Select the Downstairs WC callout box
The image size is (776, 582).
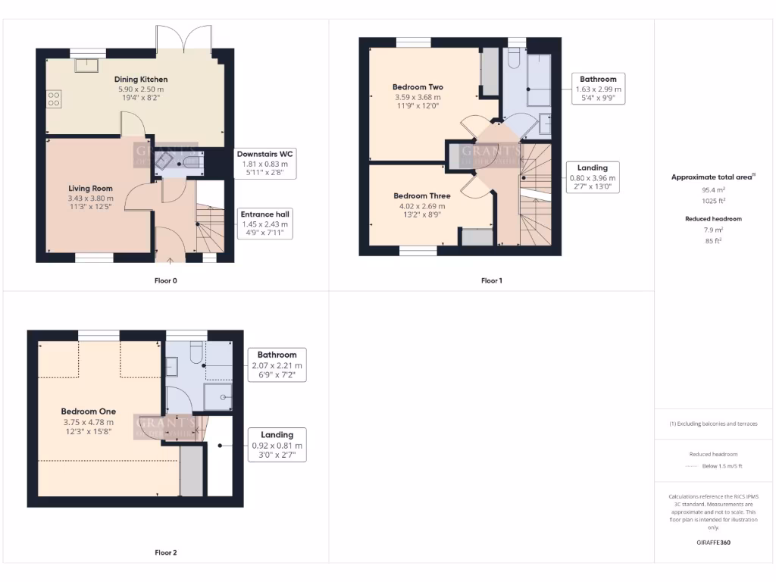264,163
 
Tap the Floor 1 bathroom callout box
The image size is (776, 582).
598,89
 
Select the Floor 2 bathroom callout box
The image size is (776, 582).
277,365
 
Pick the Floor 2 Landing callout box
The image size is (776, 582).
277,445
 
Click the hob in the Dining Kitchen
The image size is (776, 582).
54,99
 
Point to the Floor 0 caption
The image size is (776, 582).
166,280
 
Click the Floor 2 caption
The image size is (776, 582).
166,552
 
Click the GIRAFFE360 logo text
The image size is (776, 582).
715,543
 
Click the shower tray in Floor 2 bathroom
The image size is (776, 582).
217,396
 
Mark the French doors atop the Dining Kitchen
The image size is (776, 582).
184,38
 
